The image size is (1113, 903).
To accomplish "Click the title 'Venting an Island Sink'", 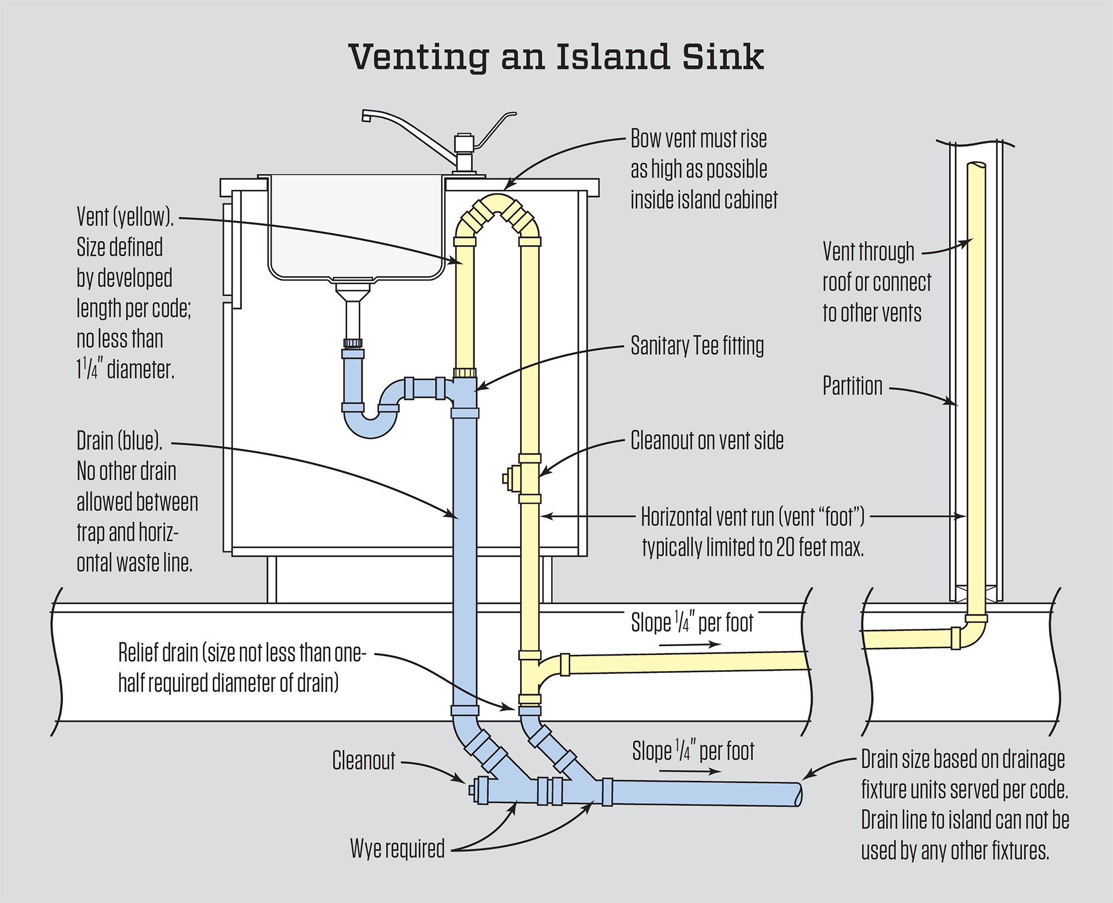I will [x=556, y=57].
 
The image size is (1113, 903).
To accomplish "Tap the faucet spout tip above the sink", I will [x=366, y=116].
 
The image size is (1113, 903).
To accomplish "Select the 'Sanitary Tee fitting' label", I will [x=697, y=346].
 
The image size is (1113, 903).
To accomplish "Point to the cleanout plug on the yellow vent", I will [x=508, y=479].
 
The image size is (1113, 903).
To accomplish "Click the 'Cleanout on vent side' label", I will [x=707, y=441].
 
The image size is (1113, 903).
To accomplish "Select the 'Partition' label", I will [x=852, y=386].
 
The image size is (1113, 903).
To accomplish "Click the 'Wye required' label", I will [x=397, y=848].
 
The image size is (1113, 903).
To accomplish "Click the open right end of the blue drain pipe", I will [x=798, y=794].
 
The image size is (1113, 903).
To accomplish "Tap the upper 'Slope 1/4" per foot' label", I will [x=692, y=623].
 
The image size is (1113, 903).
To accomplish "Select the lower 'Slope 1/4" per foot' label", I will [x=693, y=751].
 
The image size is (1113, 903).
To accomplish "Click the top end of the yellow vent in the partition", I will [x=976, y=166].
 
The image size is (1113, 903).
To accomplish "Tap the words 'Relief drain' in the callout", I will [x=159, y=653].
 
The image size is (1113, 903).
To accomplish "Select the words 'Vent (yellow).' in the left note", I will [x=125, y=217].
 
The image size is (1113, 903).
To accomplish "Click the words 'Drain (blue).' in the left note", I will [x=120, y=441].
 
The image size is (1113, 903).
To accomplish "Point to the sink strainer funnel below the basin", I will [x=352, y=292].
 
